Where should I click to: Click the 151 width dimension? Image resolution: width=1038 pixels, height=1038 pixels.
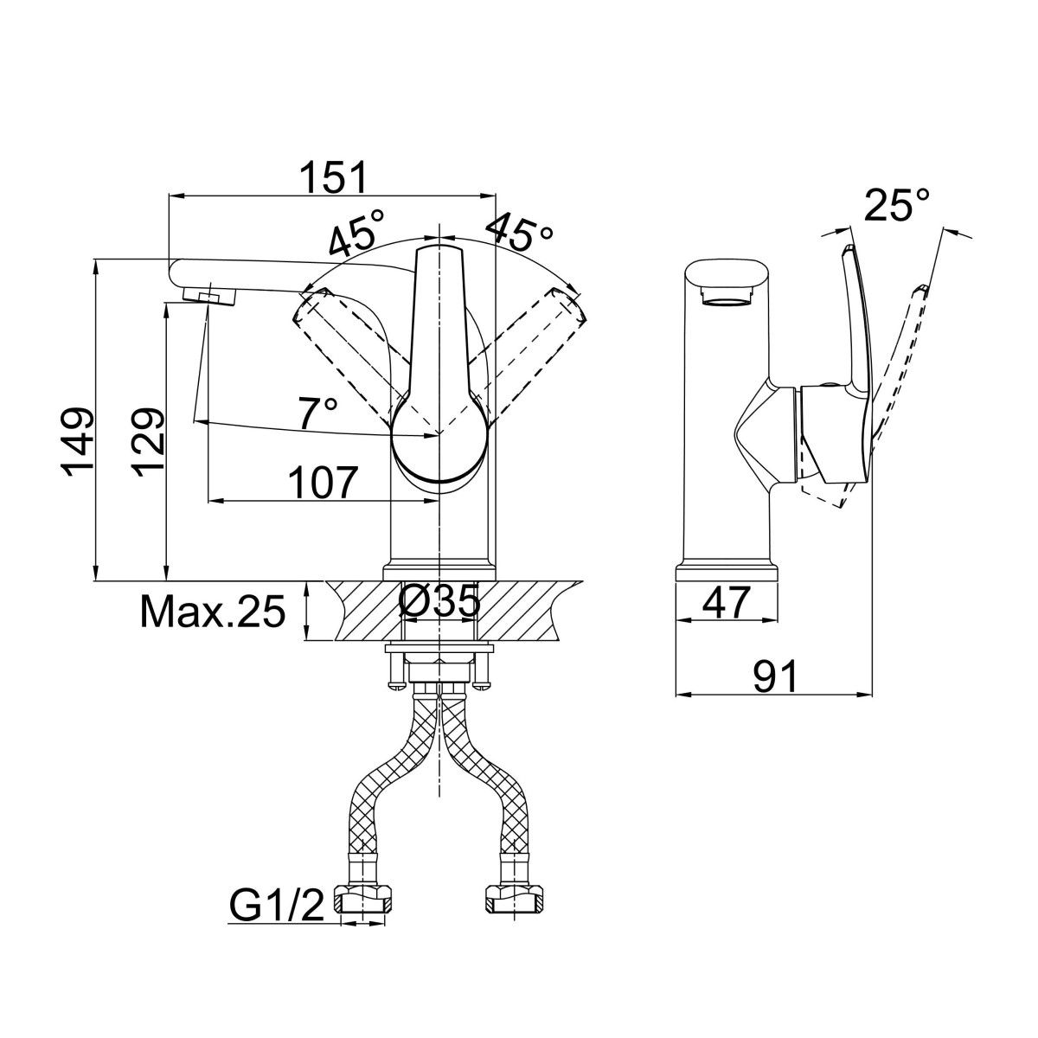[x=334, y=177]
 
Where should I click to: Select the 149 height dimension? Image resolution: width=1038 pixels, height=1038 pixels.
[x=79, y=440]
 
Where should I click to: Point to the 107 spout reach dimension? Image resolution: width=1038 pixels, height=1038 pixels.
[x=322, y=483]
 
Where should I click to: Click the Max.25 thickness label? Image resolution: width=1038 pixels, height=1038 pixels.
[x=213, y=612]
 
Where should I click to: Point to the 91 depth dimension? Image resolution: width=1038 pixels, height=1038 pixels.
[x=775, y=676]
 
